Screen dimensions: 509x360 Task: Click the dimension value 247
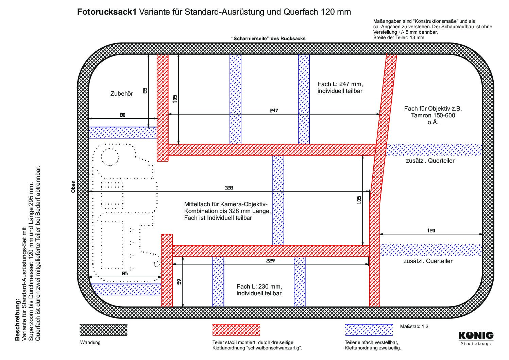click(274, 111)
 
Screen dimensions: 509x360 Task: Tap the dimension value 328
click(229, 187)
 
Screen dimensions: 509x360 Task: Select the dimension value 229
click(270, 261)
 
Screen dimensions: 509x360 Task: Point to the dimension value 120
click(431, 231)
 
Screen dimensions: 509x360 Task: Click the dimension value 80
click(122, 115)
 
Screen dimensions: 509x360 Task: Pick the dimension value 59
click(179, 282)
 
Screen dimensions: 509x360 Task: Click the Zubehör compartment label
click(122, 94)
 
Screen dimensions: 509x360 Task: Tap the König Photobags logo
click(476, 338)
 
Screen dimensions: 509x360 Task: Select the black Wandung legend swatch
click(103, 330)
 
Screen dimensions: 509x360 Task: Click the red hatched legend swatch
click(236, 330)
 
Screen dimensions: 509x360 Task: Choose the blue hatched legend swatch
click(369, 330)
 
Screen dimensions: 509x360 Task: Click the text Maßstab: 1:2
click(414, 326)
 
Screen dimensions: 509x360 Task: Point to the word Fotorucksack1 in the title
click(107, 12)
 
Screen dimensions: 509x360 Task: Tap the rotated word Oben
click(73, 187)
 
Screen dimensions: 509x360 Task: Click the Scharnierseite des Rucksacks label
click(268, 38)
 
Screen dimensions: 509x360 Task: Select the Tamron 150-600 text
click(433, 115)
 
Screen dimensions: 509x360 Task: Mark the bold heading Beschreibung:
click(17, 320)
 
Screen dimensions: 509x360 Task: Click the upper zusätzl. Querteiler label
click(430, 161)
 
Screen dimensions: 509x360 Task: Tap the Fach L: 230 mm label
click(259, 286)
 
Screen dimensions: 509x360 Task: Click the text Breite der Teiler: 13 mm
click(398, 37)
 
